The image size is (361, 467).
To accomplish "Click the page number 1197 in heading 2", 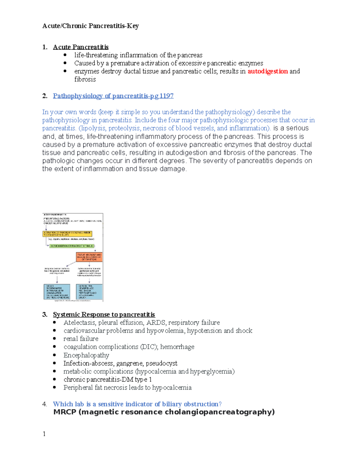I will coord(166,96).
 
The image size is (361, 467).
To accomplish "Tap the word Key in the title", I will coord(133,26).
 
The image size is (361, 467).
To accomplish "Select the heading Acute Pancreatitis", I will coord(81,47).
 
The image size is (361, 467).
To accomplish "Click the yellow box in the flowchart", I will coord(67,234).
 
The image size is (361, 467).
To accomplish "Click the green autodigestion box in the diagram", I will coord(72,246).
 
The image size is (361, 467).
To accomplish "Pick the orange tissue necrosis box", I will coord(89,257).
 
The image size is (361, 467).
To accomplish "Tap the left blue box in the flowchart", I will coord(57,292).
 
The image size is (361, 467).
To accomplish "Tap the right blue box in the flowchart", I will coord(89,292).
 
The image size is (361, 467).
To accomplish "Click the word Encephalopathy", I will coord(86,355).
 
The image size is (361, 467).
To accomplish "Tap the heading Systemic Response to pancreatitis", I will coord(104,315).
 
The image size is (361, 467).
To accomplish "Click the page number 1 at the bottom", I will coord(44,434).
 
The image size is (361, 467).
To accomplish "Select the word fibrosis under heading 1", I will coord(85,79).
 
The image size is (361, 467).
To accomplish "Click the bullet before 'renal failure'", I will coord(54,339).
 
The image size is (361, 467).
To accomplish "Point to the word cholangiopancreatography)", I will coord(220,412).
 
